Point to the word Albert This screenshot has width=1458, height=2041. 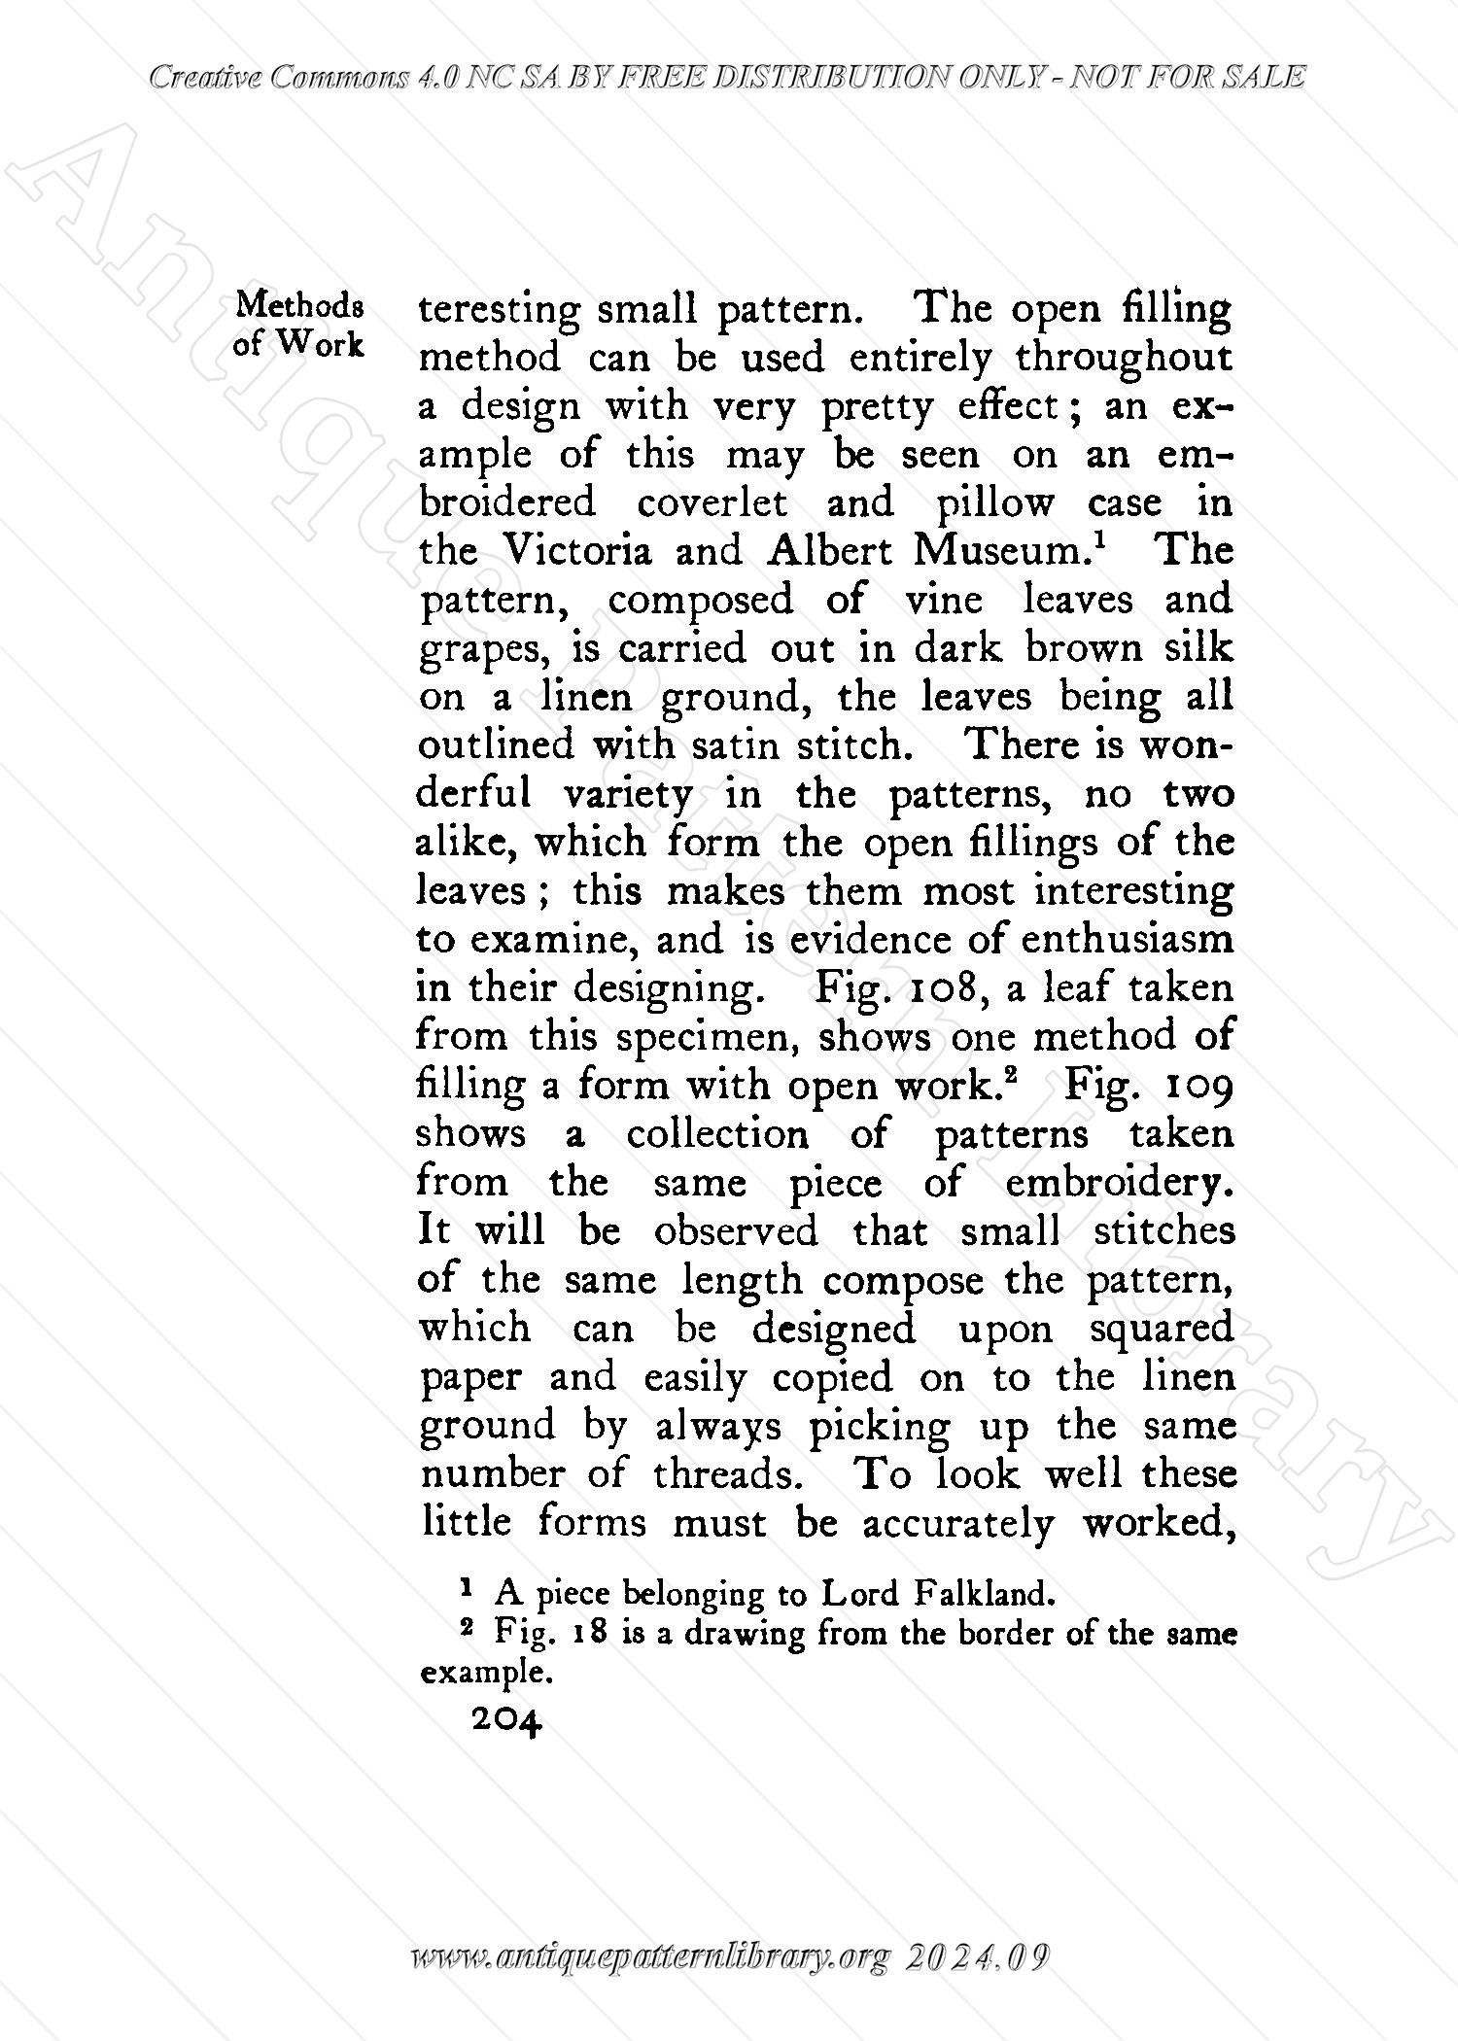point(829,552)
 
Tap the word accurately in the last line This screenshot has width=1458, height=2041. point(957,1524)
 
